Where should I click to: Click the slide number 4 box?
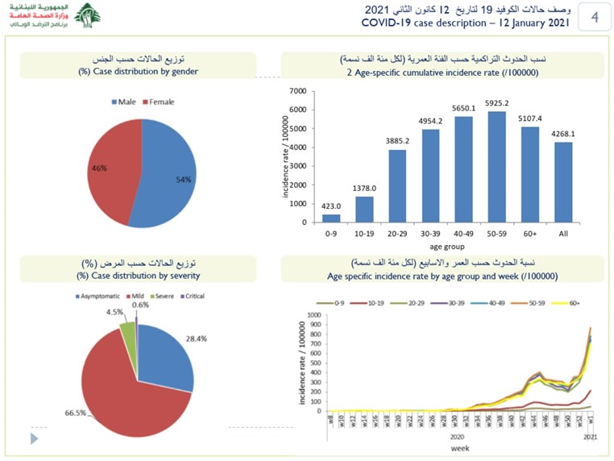[594, 17]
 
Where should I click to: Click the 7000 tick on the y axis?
[297, 92]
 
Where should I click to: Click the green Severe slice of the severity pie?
[127, 329]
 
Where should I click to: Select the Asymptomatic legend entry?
[100, 296]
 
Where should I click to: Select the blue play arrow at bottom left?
[34, 438]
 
